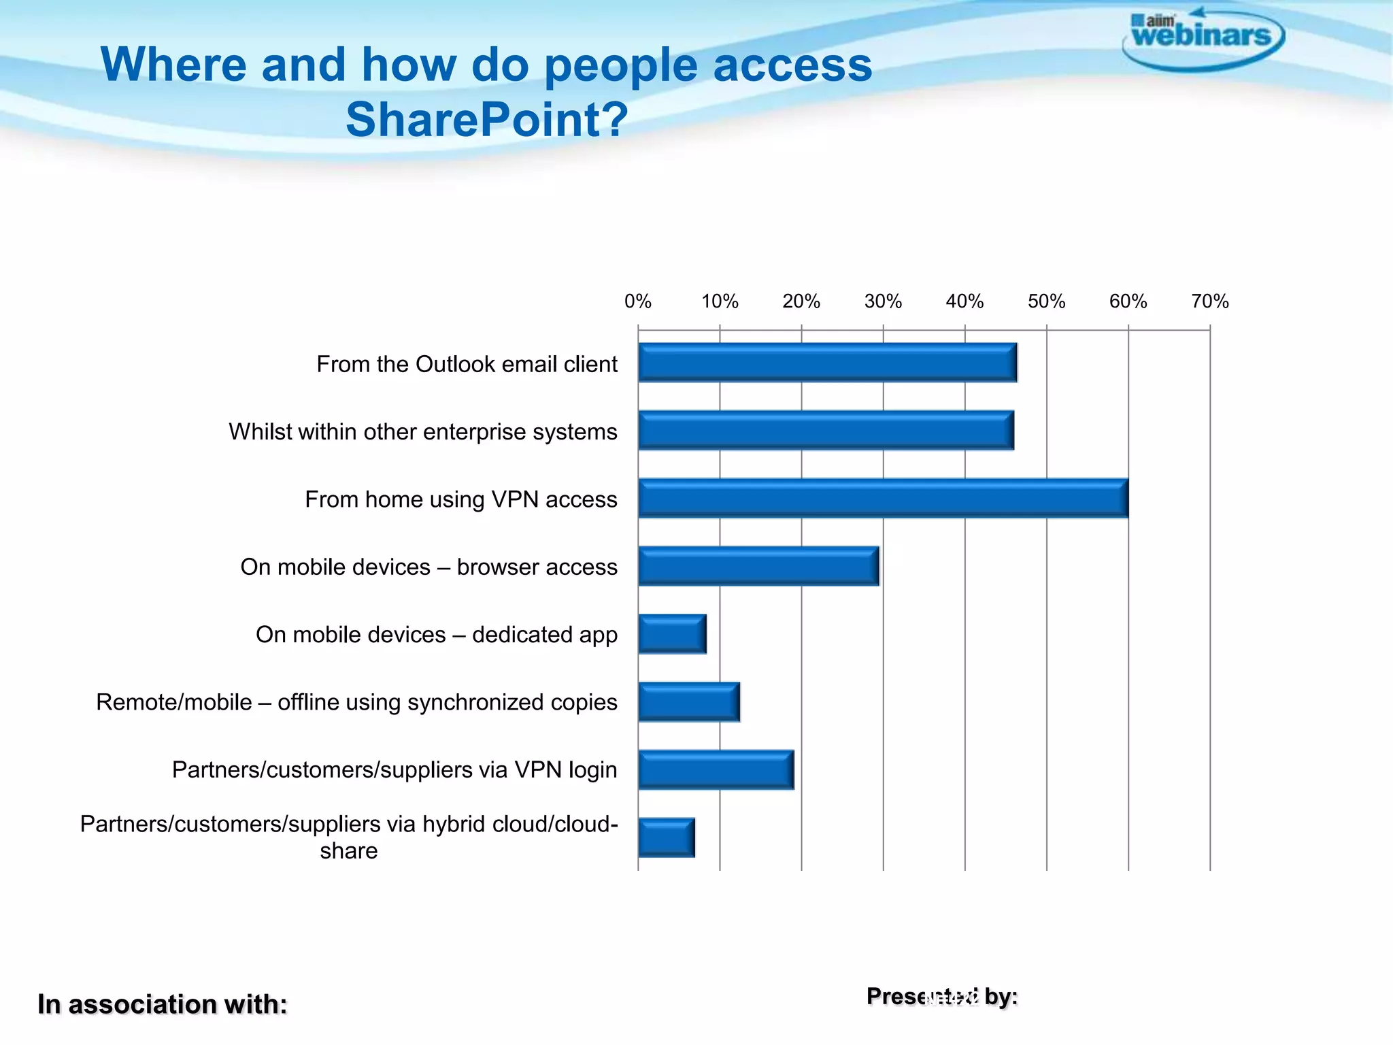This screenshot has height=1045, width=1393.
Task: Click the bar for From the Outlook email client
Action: click(x=827, y=363)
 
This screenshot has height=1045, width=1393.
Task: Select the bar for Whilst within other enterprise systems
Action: click(x=826, y=430)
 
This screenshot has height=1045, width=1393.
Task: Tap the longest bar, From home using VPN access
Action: click(x=883, y=498)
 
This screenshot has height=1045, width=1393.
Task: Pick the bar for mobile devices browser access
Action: click(x=758, y=565)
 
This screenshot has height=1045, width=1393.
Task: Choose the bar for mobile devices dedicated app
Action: click(x=672, y=633)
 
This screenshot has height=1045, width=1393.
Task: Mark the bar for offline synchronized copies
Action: click(x=688, y=701)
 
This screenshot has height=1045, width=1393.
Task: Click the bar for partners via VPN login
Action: click(x=716, y=769)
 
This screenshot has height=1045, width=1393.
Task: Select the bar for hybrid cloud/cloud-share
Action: click(x=667, y=837)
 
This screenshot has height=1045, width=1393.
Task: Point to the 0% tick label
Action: click(x=638, y=301)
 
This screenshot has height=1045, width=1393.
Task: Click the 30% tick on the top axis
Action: click(x=883, y=301)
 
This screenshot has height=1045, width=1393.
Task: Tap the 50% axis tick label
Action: click(x=1046, y=301)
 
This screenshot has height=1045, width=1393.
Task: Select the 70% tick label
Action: click(x=1209, y=301)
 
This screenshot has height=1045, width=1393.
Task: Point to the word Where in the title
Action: click(x=173, y=65)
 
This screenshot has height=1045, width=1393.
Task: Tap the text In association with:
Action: click(x=162, y=1004)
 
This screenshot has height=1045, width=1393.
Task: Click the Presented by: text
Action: click(x=942, y=997)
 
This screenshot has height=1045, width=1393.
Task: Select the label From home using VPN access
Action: click(x=460, y=499)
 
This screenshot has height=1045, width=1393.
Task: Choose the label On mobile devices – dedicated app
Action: click(x=436, y=635)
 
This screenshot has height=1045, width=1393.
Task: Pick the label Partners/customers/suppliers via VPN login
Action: click(x=395, y=770)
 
